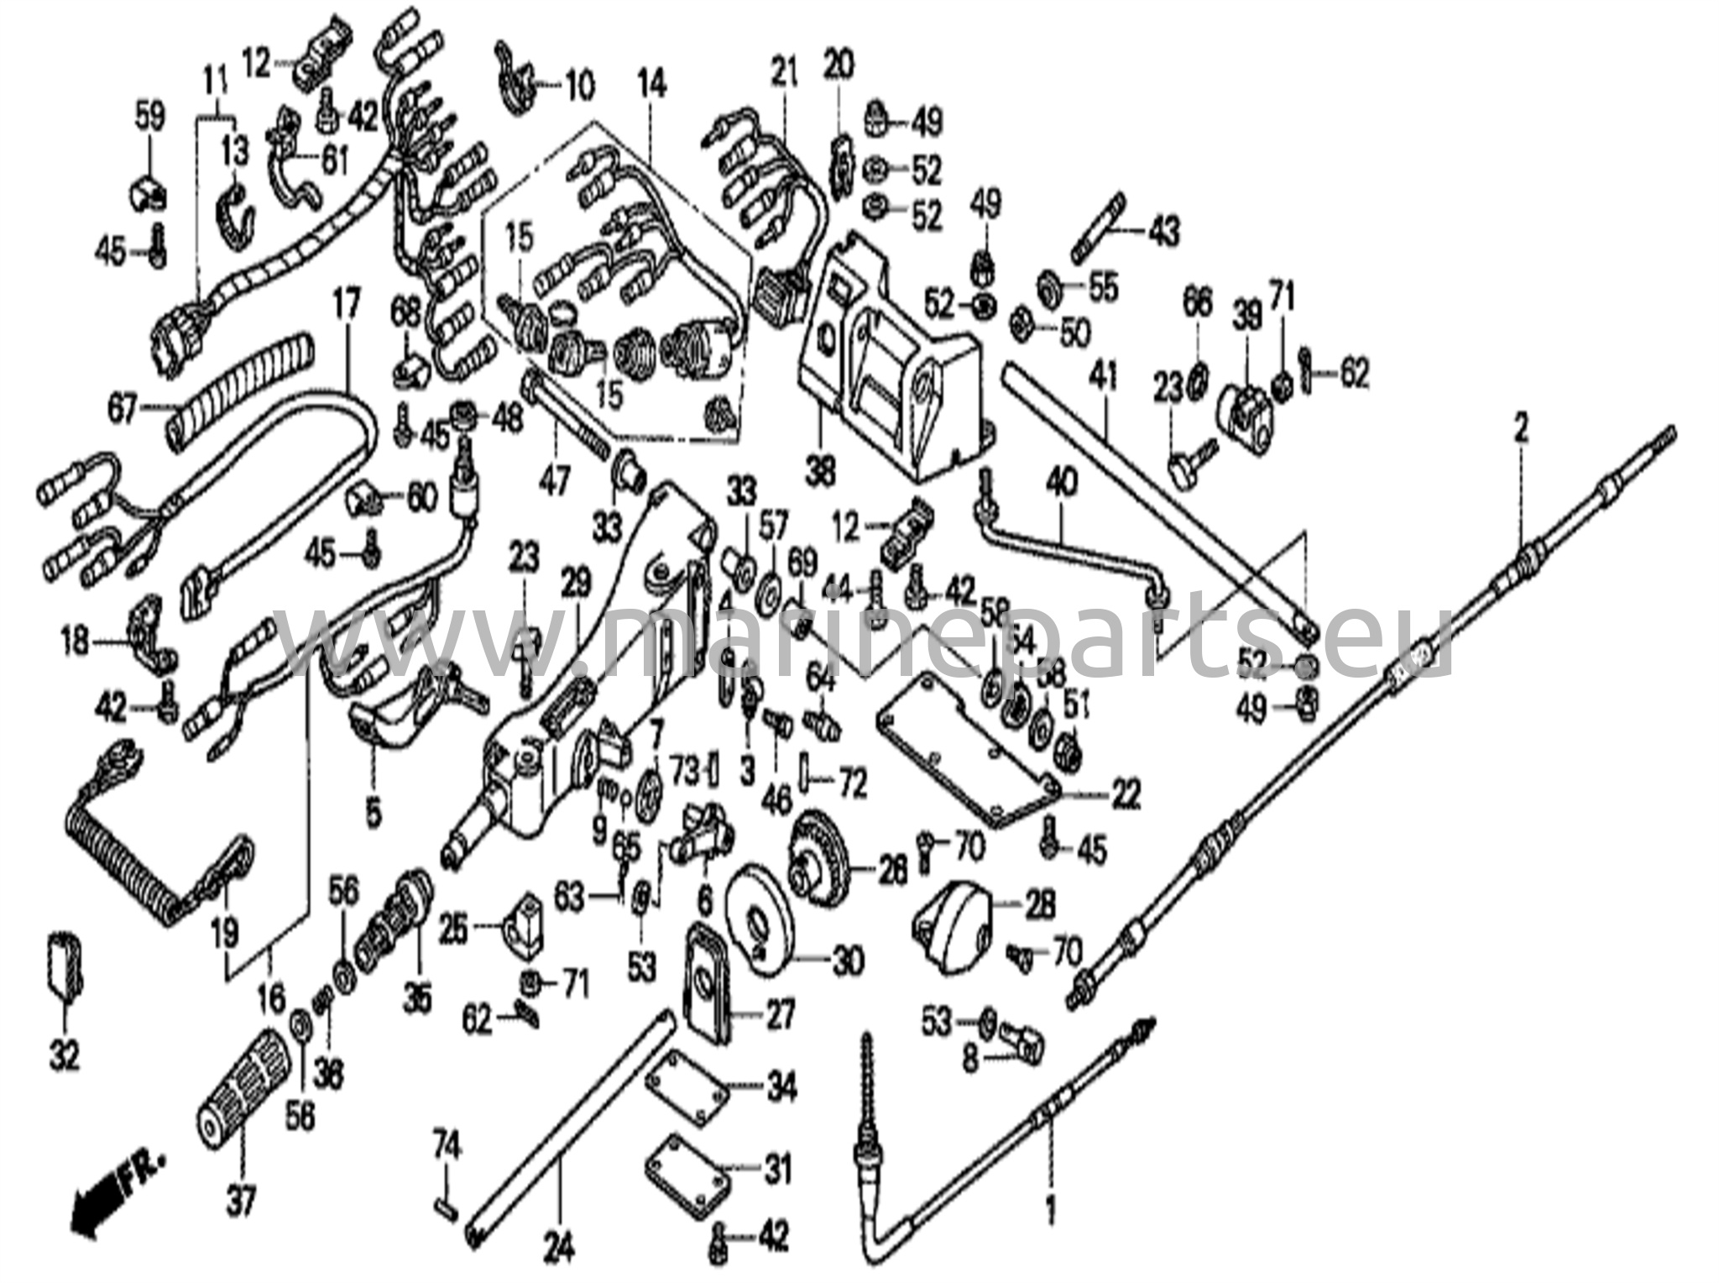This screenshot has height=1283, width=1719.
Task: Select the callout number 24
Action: point(560,1250)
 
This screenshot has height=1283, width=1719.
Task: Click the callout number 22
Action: point(1125,793)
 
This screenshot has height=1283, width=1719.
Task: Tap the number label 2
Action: point(1521,431)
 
